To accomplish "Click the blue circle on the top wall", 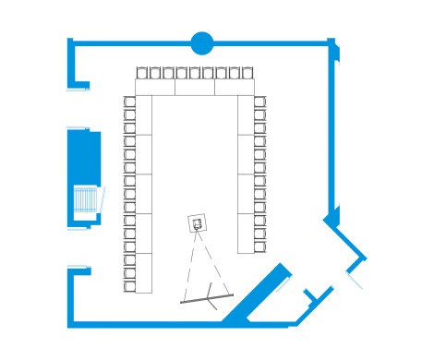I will (x=201, y=42).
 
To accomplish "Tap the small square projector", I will (x=197, y=223).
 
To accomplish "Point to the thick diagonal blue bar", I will (x=256, y=294).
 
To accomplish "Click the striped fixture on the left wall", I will (x=87, y=198).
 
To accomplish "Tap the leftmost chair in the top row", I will (x=142, y=73).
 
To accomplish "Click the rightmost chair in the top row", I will (x=247, y=73).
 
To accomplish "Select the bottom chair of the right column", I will (x=259, y=246).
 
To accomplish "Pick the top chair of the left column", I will (x=129, y=102).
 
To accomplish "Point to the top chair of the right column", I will (x=259, y=102).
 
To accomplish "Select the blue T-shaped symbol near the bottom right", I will (x=317, y=295).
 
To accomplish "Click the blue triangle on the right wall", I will (x=332, y=218).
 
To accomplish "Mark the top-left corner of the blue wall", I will (x=71, y=43).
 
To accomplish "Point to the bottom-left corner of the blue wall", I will (x=71, y=322).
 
